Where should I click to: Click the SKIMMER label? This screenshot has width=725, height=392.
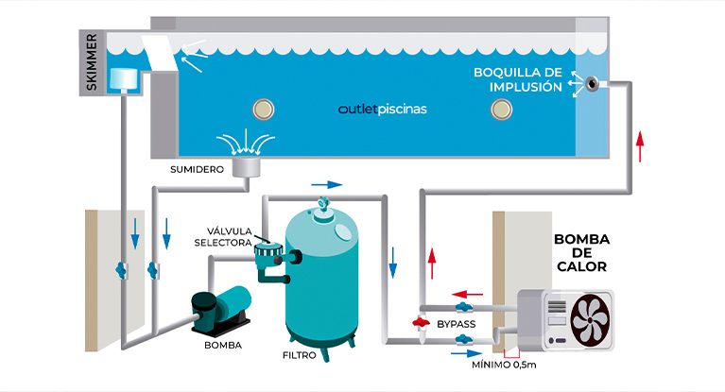92,63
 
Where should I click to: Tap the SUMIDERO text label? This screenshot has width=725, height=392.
197,170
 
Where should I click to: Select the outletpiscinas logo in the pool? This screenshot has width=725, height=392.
382,109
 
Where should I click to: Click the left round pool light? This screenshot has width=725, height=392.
262,109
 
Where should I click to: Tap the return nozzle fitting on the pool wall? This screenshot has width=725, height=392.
592,83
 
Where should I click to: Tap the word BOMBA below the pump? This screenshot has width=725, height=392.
222,345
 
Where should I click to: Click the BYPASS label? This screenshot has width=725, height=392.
457,325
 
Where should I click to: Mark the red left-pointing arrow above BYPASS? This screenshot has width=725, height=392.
459,293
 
